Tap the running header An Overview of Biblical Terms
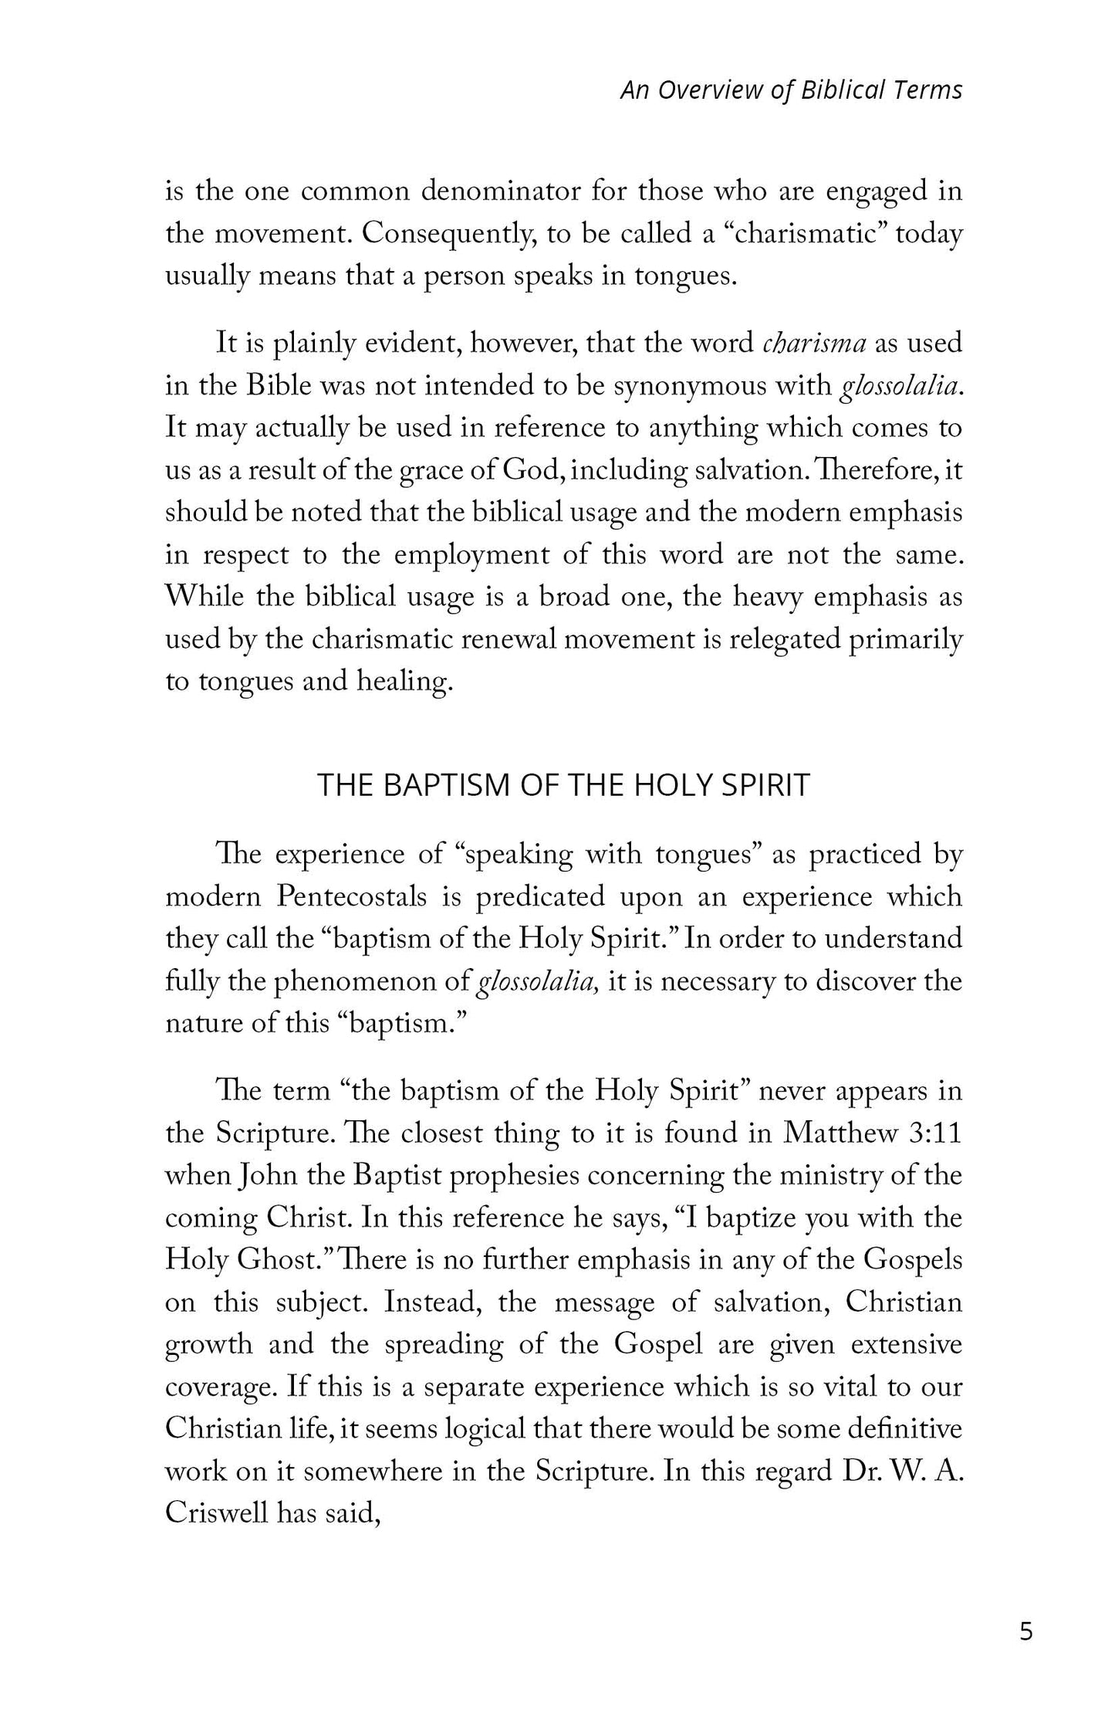(x=792, y=90)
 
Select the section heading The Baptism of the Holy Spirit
(x=563, y=784)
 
